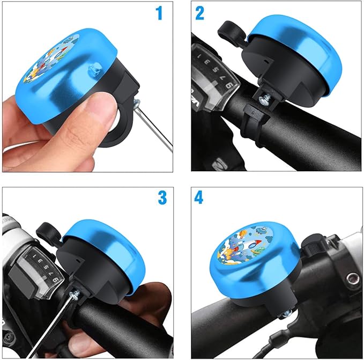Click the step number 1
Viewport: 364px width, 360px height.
click(x=159, y=13)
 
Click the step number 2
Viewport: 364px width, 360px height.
click(x=199, y=13)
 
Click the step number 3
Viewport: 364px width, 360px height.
click(x=162, y=197)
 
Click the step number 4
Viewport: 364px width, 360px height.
click(x=199, y=197)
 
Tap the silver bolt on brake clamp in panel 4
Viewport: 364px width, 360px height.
click(x=352, y=278)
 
